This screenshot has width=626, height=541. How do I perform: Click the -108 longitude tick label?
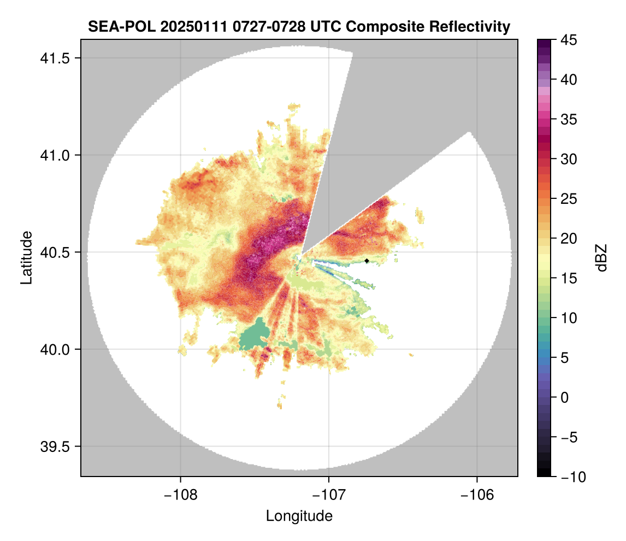tap(180, 495)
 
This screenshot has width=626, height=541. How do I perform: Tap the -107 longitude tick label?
tap(329, 495)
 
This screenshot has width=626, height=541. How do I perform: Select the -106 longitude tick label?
tap(477, 495)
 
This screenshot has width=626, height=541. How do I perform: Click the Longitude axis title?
tap(299, 515)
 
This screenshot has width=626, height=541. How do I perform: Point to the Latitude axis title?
tap(26, 257)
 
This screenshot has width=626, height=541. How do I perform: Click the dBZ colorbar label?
tap(601, 257)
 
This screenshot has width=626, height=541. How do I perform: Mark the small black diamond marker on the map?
tap(367, 261)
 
